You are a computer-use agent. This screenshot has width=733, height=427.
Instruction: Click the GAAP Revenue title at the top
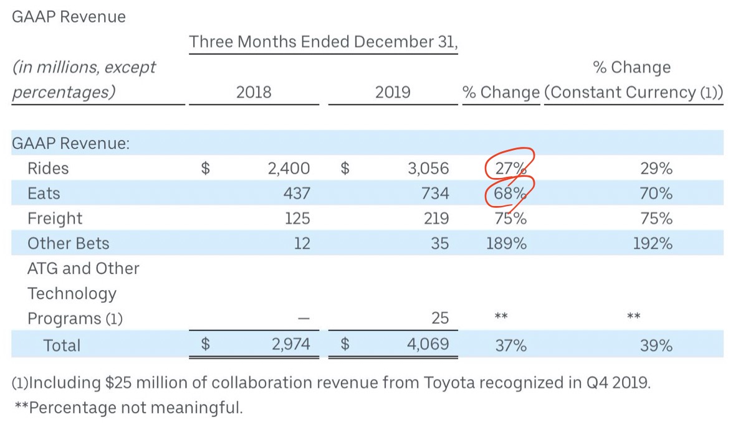pyautogui.click(x=69, y=17)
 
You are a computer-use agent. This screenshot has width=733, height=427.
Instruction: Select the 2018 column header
pyautogui.click(x=254, y=93)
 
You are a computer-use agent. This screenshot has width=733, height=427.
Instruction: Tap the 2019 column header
pyautogui.click(x=393, y=93)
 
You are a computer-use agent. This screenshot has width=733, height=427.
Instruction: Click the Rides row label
pyautogui.click(x=48, y=169)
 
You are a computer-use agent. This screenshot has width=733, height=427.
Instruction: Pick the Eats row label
pyautogui.click(x=43, y=194)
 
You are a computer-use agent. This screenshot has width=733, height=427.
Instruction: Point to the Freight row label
pyautogui.click(x=55, y=218)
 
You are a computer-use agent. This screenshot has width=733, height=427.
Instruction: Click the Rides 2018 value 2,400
pyautogui.click(x=289, y=169)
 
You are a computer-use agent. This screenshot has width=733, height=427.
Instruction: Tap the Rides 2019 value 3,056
pyautogui.click(x=427, y=169)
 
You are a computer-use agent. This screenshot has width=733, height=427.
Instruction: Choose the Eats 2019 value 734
pyautogui.click(x=434, y=194)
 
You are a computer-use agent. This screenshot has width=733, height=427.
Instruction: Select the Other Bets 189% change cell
pyautogui.click(x=506, y=243)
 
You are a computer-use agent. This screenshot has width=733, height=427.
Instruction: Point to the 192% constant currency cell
pyautogui.click(x=652, y=243)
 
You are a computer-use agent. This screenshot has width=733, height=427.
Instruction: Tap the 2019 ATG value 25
pyautogui.click(x=439, y=318)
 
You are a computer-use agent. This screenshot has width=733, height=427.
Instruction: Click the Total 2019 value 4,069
pyautogui.click(x=427, y=345)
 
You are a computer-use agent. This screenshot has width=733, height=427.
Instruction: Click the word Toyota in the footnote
pyautogui.click(x=452, y=383)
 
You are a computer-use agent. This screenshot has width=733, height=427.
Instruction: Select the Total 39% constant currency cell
pyautogui.click(x=656, y=345)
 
